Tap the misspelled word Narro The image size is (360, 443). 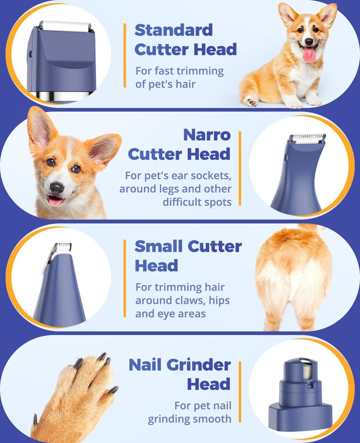[206, 134]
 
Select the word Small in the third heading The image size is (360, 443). [159, 246]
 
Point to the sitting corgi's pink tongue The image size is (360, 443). [309, 54]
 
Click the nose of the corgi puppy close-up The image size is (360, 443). [56, 187]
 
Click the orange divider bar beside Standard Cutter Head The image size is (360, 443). [124, 55]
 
